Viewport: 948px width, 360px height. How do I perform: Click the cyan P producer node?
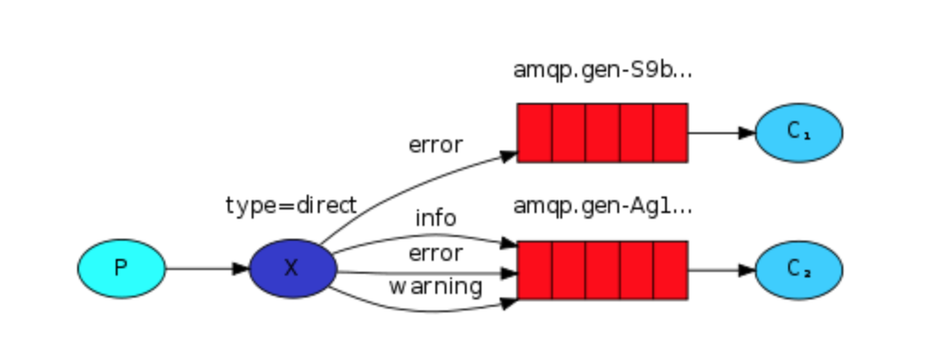coord(121,269)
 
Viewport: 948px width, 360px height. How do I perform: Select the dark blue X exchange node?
coord(292,269)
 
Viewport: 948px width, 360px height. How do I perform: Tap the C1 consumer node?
coord(798,133)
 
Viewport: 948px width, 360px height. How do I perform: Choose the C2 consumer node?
coord(798,270)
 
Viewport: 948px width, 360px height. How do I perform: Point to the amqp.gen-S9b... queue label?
coord(603,70)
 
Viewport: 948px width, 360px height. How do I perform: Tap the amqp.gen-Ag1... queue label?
coord(603,206)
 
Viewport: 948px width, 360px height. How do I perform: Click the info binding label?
coord(435,219)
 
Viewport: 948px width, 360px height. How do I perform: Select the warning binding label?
coord(434,287)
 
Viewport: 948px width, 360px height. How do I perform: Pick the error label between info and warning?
coord(435,253)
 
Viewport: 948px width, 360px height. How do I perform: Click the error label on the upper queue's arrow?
coord(435,145)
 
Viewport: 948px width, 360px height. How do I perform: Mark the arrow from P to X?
coord(207,269)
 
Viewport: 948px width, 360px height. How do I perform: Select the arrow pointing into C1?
coord(721,133)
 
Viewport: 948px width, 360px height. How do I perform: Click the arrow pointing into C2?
coord(721,270)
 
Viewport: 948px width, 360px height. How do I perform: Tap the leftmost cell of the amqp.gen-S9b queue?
coord(535,133)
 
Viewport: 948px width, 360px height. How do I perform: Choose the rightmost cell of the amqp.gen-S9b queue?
coord(671,133)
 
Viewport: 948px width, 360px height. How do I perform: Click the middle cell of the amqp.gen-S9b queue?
coord(603,133)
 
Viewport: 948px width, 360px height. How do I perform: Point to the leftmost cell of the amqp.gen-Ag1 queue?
coord(535,270)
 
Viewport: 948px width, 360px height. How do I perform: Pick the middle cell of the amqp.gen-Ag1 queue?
coord(603,270)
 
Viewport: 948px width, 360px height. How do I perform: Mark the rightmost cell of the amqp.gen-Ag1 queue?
coord(671,270)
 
